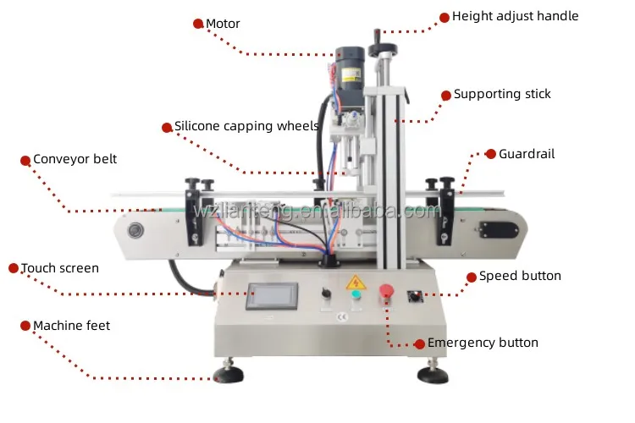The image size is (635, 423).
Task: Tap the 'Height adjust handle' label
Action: coord(515,16)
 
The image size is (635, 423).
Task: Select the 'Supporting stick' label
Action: coord(502,94)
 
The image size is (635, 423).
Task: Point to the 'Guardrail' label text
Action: coord(526,154)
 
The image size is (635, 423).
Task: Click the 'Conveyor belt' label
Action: coord(75,159)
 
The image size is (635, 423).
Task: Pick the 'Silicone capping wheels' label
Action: coord(246,127)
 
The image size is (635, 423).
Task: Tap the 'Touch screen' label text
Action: coord(59,268)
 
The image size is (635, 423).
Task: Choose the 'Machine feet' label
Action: coord(71,326)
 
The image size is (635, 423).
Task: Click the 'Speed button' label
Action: coord(520,276)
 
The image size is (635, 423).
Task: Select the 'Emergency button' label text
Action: coord(483,343)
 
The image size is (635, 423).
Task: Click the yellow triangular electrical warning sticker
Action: coord(354,281)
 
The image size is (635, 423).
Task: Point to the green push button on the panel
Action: coord(356,295)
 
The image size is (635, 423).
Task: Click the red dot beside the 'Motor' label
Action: coord(198,24)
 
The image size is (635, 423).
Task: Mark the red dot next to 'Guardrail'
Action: coord(490,154)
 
